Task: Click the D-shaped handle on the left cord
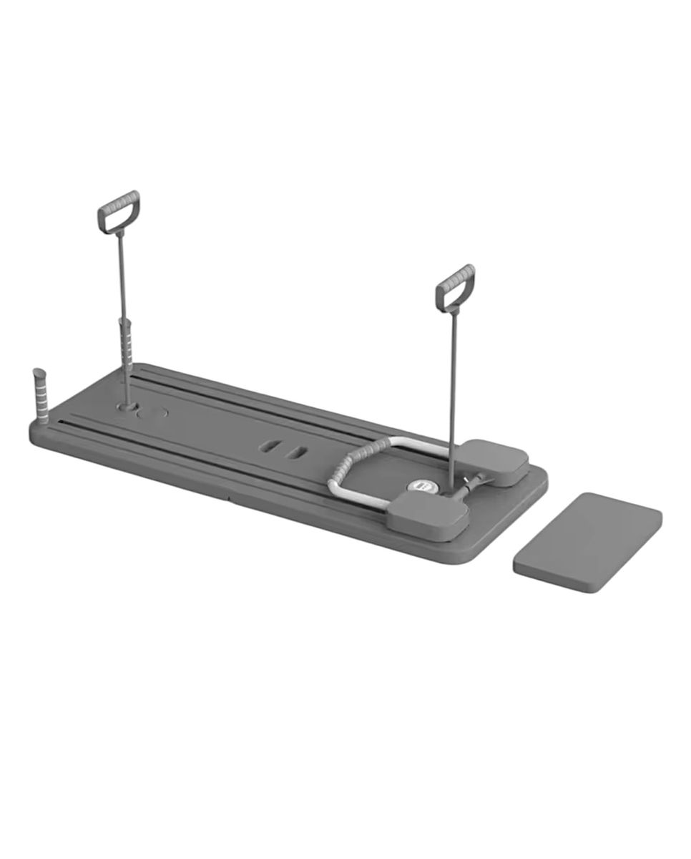119,211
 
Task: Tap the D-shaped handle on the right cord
455,288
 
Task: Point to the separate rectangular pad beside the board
587,541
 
